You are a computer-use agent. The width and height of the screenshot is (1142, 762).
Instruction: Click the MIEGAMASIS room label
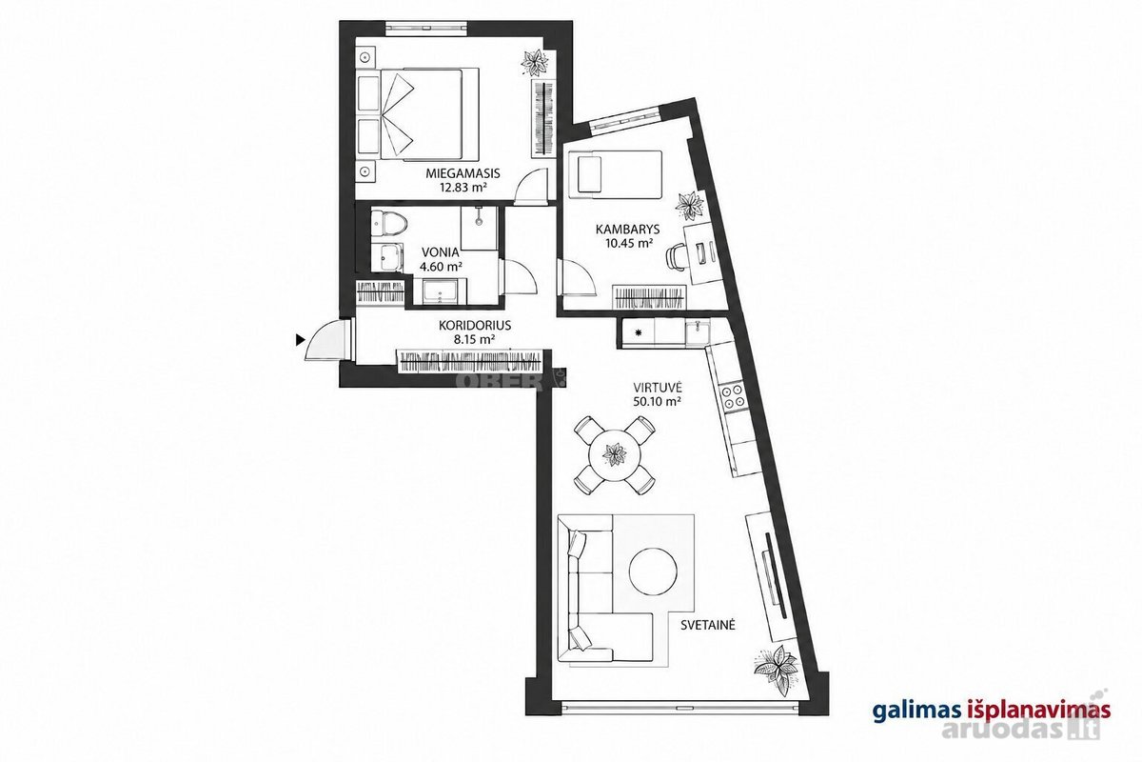point(463,173)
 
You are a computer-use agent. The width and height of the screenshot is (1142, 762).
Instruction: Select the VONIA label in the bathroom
point(441,252)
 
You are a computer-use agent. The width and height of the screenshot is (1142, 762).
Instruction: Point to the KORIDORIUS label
point(475,325)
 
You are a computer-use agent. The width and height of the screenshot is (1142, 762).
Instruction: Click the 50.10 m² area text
point(658,401)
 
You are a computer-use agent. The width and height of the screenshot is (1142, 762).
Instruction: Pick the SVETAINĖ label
point(708,625)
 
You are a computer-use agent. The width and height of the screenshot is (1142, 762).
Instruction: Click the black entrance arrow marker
point(301,339)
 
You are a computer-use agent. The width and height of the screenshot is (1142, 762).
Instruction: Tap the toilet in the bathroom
point(388,224)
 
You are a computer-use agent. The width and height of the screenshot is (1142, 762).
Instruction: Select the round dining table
point(615,454)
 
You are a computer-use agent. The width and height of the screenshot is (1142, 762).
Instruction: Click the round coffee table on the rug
point(653,571)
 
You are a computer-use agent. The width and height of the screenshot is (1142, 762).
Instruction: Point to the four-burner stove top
point(733,396)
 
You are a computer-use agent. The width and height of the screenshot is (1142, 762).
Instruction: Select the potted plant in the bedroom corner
point(535,63)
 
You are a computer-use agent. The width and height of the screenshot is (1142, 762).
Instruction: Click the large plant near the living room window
point(776,670)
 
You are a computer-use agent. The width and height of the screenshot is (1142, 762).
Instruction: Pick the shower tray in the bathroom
point(480,229)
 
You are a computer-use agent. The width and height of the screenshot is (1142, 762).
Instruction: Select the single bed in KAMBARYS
point(616,174)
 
